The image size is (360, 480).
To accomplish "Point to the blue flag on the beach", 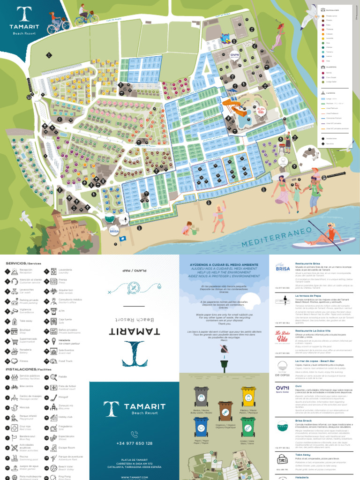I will click(123, 239).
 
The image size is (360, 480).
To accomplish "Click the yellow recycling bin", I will click(248, 397).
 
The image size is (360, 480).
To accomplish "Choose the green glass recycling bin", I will click(248, 427).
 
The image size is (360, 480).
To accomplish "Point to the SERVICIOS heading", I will click(16, 263).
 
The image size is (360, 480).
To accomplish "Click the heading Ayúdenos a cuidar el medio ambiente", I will click(225, 265).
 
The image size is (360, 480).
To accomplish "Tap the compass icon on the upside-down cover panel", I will click(135, 287).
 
